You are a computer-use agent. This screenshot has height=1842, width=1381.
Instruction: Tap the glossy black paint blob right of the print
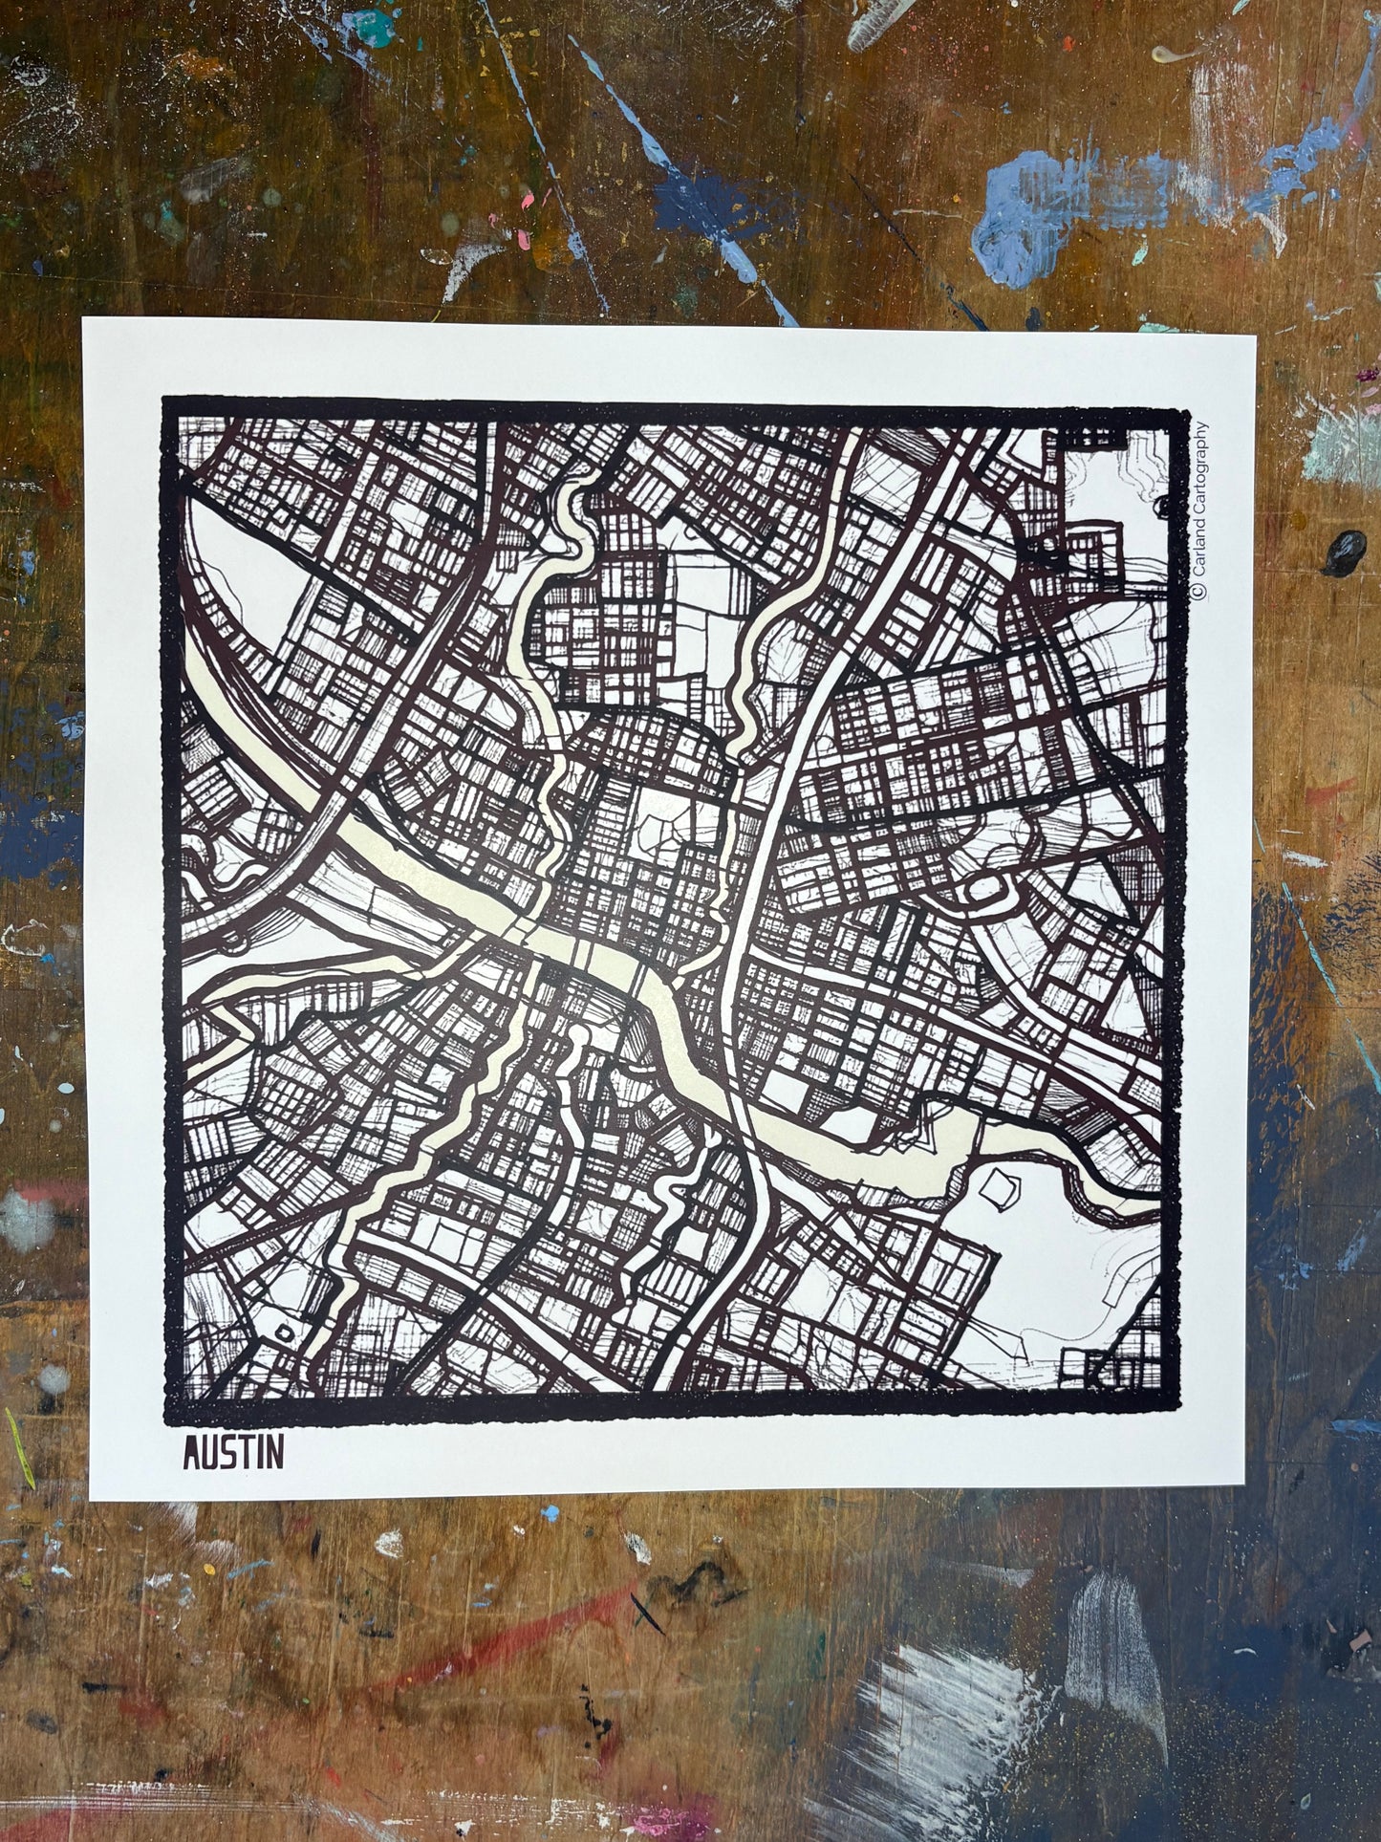[1346, 552]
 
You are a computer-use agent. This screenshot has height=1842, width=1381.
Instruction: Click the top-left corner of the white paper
[83, 318]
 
